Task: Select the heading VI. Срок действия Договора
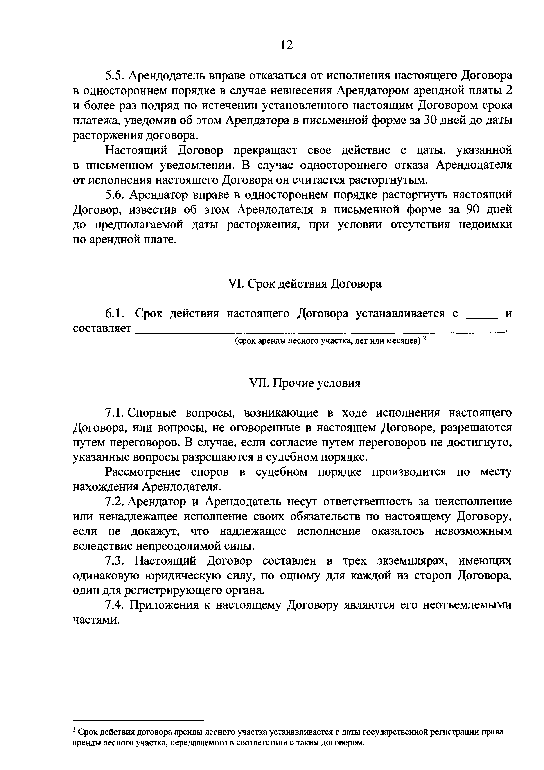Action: click(x=304, y=284)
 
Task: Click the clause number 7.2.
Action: click(x=115, y=502)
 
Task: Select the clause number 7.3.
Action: click(x=115, y=561)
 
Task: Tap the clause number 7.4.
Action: click(x=115, y=605)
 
